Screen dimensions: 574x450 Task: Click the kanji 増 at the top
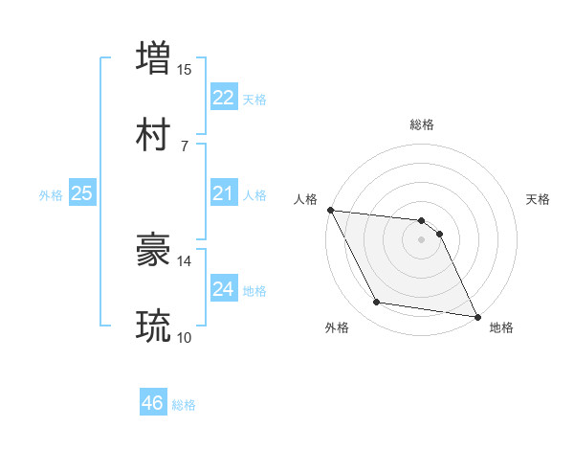(154, 57)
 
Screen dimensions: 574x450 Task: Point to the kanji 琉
(154, 326)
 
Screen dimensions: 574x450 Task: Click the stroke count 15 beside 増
(185, 69)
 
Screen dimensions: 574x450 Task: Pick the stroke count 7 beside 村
(185, 146)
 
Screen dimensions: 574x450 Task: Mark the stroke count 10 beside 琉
(185, 338)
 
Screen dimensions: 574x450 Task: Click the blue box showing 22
(223, 98)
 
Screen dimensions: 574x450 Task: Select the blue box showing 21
(223, 194)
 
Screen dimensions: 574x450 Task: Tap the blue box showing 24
(223, 289)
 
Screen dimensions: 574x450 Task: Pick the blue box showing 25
(82, 194)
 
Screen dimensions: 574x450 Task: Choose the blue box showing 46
(153, 404)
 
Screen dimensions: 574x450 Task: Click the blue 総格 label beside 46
(184, 405)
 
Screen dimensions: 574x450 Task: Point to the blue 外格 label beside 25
(51, 195)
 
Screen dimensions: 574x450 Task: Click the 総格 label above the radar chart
(422, 124)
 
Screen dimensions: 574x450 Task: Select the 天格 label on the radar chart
(539, 199)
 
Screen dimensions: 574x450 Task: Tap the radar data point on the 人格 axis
(330, 210)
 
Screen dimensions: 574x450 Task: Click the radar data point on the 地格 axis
(476, 316)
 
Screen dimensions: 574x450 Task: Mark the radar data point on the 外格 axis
(377, 303)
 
